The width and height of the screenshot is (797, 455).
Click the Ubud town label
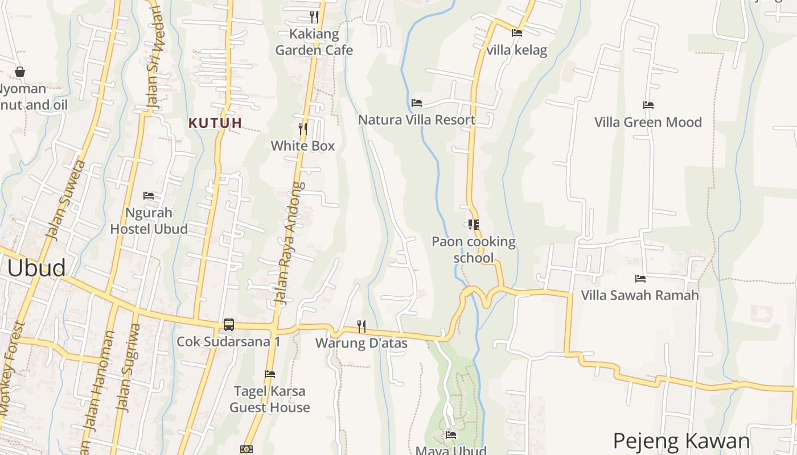click(x=36, y=268)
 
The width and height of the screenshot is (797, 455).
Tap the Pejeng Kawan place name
click(x=681, y=441)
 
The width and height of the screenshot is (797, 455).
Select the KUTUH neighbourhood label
click(x=215, y=123)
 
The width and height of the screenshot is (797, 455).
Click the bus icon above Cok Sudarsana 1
click(x=228, y=325)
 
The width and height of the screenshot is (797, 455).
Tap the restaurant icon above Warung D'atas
click(x=361, y=326)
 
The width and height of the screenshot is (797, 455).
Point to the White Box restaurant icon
click(x=303, y=129)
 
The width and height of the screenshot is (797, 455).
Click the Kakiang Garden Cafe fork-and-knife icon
click(x=314, y=16)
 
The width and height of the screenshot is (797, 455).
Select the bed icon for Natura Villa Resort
click(x=417, y=103)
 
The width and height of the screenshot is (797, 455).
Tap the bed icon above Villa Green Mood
click(x=648, y=105)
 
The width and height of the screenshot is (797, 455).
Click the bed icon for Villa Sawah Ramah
click(x=640, y=279)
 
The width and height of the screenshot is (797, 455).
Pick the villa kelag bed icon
click(x=517, y=33)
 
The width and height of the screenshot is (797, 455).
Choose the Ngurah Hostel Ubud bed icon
click(x=149, y=196)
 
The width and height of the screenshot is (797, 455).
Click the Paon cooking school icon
click(x=473, y=225)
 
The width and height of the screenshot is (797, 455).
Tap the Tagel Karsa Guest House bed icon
click(x=270, y=374)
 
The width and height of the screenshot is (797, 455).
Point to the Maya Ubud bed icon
click(x=451, y=435)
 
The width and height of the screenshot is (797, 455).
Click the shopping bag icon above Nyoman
click(x=20, y=72)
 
